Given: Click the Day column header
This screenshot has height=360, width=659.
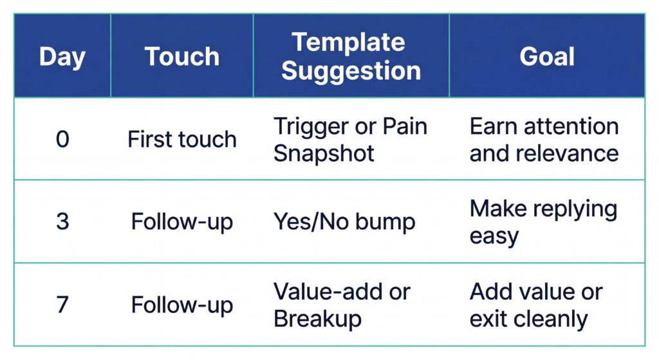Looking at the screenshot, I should click(x=62, y=57).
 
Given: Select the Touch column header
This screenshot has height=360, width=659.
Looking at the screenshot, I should click(x=181, y=57).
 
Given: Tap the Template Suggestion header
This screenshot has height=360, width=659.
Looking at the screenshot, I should click(x=351, y=57).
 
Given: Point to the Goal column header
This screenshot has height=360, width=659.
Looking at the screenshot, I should click(x=547, y=57).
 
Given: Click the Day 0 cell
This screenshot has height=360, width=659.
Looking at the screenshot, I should click(x=62, y=139).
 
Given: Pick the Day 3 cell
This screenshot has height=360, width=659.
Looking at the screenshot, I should click(x=62, y=222).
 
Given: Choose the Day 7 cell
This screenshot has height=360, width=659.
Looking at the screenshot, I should click(x=62, y=305).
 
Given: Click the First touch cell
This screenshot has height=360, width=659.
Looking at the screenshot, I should click(x=181, y=139).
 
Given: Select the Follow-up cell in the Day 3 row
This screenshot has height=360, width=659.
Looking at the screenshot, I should click(x=181, y=222).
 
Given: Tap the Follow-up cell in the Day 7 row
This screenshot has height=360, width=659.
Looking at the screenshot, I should click(x=181, y=305).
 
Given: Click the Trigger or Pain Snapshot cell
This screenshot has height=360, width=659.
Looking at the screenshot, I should click(x=351, y=139).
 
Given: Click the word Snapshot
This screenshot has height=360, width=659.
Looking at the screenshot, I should click(x=324, y=153).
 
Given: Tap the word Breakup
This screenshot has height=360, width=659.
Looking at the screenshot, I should click(x=317, y=319).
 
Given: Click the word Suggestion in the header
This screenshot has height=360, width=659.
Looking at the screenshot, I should click(x=351, y=70).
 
